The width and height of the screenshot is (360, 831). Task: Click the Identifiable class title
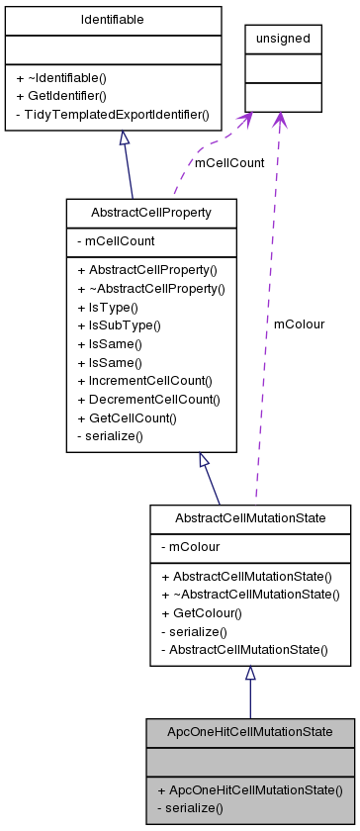pos(113,19)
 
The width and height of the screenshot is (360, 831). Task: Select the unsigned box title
pos(283,39)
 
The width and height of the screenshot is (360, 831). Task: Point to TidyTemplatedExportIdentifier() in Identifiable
pos(113,114)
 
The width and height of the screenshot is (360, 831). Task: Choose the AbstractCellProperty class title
pos(151,213)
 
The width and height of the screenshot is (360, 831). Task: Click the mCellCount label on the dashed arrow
pos(229,163)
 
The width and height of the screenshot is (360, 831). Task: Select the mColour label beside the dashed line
pos(299,323)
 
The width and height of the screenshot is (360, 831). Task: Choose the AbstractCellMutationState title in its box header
pos(249,518)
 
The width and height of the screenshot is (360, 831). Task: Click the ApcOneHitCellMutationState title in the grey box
pos(250,732)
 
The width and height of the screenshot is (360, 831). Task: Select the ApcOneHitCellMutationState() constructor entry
pos(248,789)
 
